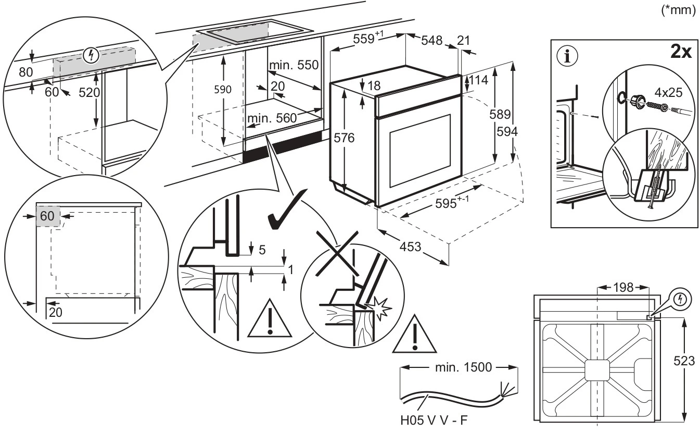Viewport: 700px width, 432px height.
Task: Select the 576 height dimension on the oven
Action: [x=343, y=138]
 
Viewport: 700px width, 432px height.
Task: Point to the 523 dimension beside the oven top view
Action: [x=683, y=361]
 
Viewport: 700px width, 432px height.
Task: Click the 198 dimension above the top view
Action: [x=622, y=287]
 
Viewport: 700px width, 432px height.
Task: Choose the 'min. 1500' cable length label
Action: [x=462, y=367]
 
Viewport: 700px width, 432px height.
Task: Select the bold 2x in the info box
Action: [x=680, y=53]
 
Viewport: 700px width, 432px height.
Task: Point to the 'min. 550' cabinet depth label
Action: [x=294, y=65]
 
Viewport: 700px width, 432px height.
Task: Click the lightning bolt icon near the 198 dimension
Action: [x=680, y=299]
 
